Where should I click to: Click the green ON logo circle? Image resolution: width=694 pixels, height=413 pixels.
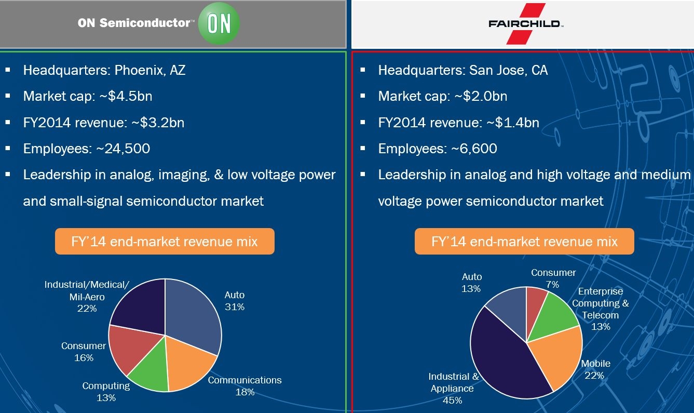[x=219, y=23]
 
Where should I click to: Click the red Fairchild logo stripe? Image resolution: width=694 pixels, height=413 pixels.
[x=526, y=23]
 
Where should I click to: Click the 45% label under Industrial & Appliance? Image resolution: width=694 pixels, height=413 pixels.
[x=452, y=401]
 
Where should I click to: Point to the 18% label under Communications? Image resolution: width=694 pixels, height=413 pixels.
[x=245, y=392]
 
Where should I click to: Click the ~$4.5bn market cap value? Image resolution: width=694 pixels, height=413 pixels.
[x=126, y=96]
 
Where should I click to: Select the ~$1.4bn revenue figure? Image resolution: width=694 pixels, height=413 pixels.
[x=513, y=123]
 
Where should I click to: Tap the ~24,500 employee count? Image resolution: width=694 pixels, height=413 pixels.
[x=123, y=149]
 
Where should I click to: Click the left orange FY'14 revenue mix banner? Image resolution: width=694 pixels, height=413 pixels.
[x=165, y=241]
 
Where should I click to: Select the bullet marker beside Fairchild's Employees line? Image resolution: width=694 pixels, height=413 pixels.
[x=363, y=149]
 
